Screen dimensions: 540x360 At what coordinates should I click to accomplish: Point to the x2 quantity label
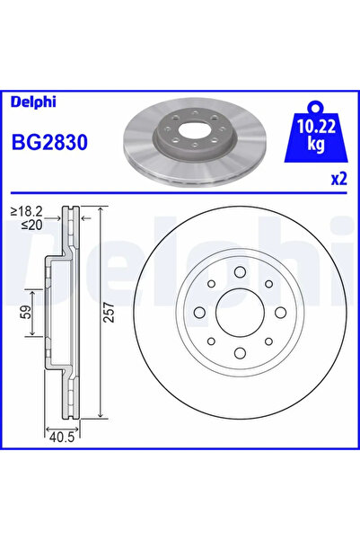(x=338, y=179)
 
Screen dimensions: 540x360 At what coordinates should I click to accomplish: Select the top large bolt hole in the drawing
(x=239, y=270)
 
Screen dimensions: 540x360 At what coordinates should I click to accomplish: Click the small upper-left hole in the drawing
(x=209, y=283)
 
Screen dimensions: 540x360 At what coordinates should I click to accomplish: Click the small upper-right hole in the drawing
(x=268, y=283)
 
